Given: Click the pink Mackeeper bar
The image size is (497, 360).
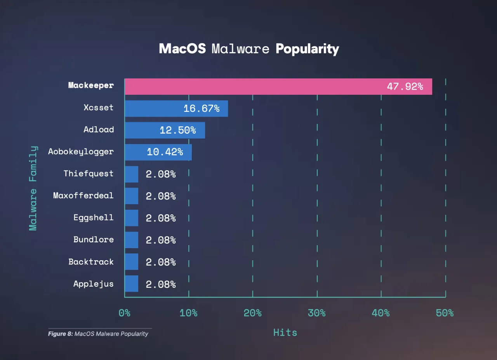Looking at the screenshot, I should pyautogui.click(x=278, y=87).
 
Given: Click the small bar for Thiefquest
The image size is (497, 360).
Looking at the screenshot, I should pyautogui.click(x=132, y=174).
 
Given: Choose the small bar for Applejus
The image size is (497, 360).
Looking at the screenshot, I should pyautogui.click(x=132, y=283).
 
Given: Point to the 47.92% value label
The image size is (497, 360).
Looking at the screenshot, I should pyautogui.click(x=405, y=87).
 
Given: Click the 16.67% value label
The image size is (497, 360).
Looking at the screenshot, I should pyautogui.click(x=201, y=108).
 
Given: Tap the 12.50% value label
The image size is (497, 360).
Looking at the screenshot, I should pyautogui.click(x=177, y=130).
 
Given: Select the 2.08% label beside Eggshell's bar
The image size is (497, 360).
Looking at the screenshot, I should pyautogui.click(x=161, y=218).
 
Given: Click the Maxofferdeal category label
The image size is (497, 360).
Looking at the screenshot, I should pyautogui.click(x=83, y=195).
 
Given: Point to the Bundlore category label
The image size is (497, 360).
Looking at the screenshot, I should pyautogui.click(x=94, y=239).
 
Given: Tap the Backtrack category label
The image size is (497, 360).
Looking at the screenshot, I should pyautogui.click(x=91, y=261).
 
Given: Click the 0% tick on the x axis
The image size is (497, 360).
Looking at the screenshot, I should pyautogui.click(x=124, y=313).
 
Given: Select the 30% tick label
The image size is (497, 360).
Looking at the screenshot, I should pyautogui.click(x=316, y=313).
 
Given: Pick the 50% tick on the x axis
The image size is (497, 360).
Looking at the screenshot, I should pyautogui.click(x=445, y=313).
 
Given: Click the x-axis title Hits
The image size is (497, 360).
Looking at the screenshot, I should pyautogui.click(x=285, y=332).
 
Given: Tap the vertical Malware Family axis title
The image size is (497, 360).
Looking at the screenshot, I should pyautogui.click(x=33, y=188).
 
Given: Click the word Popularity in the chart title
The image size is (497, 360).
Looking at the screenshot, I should pyautogui.click(x=307, y=49).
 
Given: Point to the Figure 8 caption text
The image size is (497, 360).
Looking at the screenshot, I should pyautogui.click(x=98, y=334).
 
